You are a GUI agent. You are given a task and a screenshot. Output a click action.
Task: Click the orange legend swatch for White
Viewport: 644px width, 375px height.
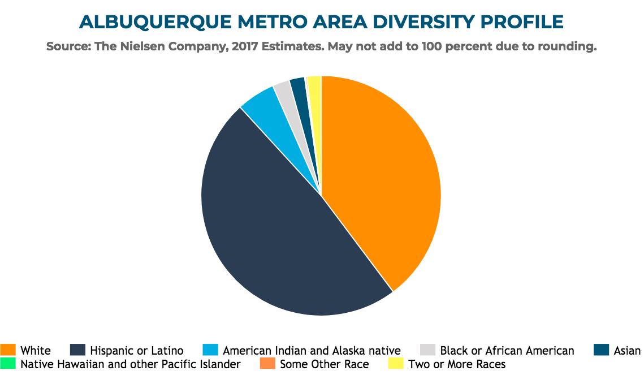click(8, 350)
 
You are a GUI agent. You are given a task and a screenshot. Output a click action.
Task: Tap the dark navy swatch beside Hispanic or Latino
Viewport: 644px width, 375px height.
click(77, 350)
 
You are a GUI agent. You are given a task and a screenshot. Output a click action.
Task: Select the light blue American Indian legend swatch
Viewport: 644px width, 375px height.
click(210, 350)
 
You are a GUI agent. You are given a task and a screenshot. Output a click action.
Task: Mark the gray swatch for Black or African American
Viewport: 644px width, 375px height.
click(427, 350)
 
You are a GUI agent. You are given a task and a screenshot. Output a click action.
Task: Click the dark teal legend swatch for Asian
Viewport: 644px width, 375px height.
click(601, 350)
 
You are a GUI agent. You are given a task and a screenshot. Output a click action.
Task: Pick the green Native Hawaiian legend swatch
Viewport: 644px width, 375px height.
click(8, 364)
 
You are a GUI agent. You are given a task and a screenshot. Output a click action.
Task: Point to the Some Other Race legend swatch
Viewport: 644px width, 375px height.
click(267, 364)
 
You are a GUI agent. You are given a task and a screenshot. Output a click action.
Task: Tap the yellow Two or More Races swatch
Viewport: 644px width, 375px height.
click(396, 364)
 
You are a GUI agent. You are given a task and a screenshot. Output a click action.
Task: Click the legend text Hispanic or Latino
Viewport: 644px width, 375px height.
click(137, 350)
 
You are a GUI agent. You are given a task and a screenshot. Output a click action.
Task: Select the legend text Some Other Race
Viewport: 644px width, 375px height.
click(325, 364)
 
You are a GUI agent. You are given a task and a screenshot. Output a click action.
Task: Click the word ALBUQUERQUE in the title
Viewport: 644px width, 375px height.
click(155, 22)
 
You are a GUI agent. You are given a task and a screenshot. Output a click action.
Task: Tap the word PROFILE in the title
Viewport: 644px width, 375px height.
click(522, 21)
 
